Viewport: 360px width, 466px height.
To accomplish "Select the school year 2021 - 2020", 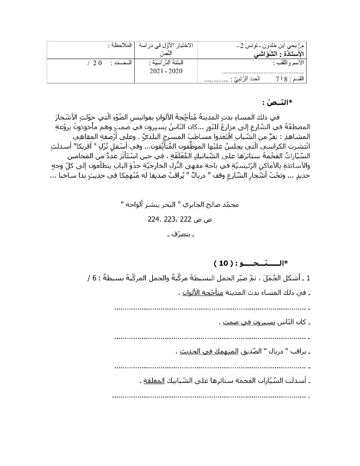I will tap(166, 71).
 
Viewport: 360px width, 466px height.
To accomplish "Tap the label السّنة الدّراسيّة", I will tap(166, 63).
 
